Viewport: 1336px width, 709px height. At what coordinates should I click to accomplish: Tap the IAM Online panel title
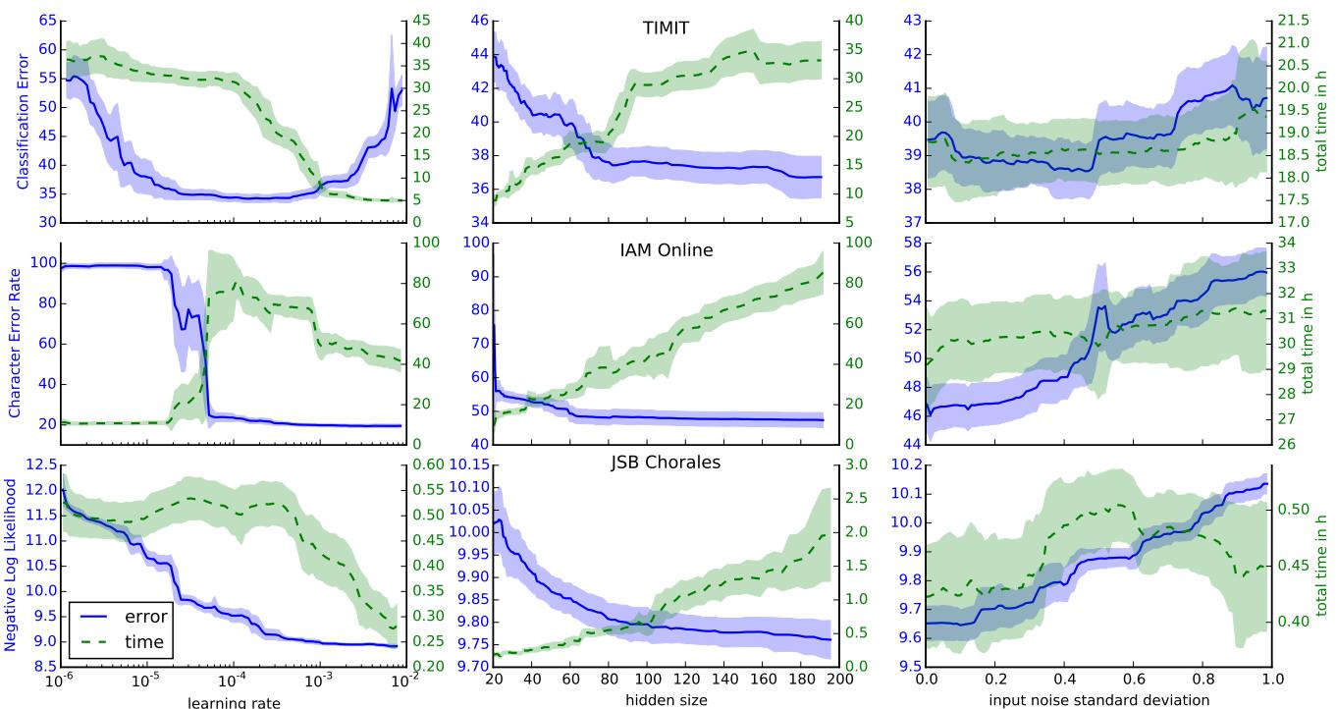(x=666, y=250)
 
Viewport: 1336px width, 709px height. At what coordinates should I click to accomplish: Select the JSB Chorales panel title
(x=665, y=462)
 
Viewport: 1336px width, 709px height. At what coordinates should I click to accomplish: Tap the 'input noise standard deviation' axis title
(x=1098, y=701)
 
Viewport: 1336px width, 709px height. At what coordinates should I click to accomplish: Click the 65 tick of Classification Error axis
(x=44, y=20)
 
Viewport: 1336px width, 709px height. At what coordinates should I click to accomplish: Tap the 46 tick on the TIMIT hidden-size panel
(x=476, y=20)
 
